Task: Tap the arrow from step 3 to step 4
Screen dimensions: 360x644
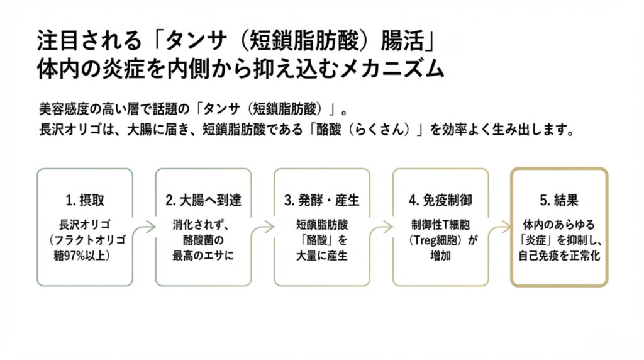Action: pos(381,227)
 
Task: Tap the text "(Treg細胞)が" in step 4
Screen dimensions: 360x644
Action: pos(440,239)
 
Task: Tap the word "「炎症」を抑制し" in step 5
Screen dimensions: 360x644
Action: pos(559,239)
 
